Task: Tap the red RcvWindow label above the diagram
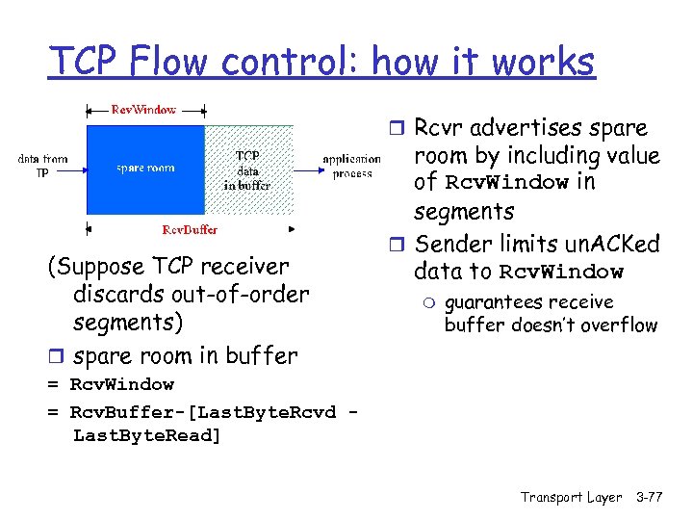point(143,109)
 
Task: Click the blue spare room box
point(145,169)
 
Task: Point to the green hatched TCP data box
point(246,169)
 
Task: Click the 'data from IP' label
point(42,166)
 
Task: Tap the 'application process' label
point(351,166)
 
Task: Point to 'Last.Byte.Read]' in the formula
point(146,435)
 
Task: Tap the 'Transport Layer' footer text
point(571,497)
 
